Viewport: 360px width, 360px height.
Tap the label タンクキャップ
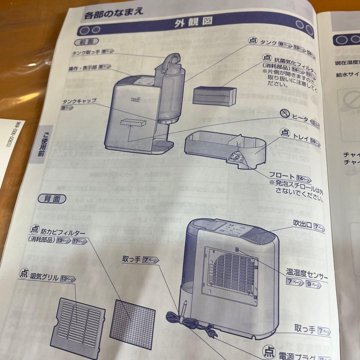79,101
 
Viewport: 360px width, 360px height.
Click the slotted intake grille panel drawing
82,320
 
